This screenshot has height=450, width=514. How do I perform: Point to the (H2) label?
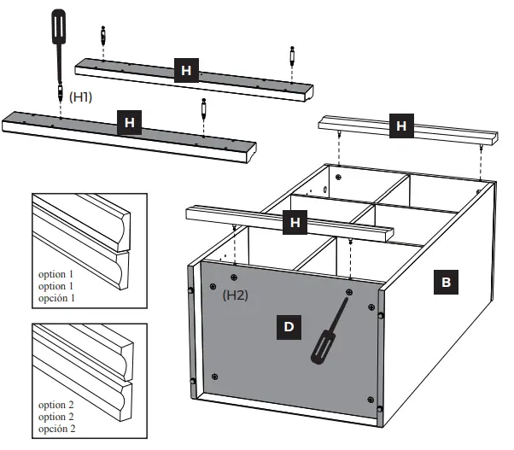[x=236, y=295]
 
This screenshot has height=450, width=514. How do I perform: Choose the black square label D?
[x=290, y=326]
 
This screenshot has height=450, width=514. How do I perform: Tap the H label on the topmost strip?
[x=185, y=70]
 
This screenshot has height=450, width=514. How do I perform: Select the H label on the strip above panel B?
[x=401, y=127]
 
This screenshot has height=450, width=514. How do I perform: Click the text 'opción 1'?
[x=57, y=298]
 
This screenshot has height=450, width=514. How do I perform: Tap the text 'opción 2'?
[x=57, y=428]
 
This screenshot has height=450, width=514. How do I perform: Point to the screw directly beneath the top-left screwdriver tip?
[x=60, y=90]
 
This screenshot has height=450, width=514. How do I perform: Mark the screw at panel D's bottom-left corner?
[x=213, y=377]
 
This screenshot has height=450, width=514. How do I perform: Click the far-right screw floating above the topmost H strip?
[x=292, y=56]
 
